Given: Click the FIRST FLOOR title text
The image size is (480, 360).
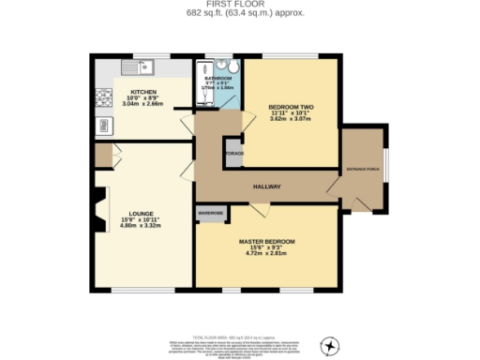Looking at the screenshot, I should pos(240,5).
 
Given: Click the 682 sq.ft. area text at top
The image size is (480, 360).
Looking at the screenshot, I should pos(240,14).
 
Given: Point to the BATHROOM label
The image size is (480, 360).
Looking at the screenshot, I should pos(217,79).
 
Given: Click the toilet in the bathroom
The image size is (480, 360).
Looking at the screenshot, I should pos(233,67).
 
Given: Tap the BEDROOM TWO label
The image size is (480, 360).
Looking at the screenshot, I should pos(291,107).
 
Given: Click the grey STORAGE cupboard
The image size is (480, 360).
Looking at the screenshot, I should pos(232,152).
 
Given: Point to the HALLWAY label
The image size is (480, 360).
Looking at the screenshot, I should pos(268,187).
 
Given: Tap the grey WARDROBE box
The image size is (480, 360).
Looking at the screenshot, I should pos(210,213).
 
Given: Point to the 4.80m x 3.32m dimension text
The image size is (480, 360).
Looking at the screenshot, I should pos(142,226).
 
